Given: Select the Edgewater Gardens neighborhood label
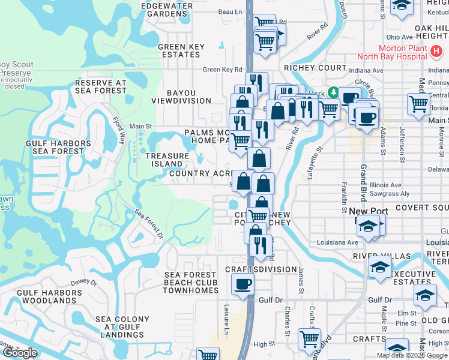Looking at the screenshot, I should (166, 10).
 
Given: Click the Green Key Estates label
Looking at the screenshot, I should (181, 50).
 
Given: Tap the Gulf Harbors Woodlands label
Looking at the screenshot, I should (47, 296).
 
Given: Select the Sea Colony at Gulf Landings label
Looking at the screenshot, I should (122, 328).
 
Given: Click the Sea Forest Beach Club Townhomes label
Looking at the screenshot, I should (191, 283).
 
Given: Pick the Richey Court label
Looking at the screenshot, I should (316, 68).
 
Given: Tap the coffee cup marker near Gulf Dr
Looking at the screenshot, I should (243, 284).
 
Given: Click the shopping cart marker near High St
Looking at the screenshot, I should (309, 339).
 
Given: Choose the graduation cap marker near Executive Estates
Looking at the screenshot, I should (379, 267).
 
